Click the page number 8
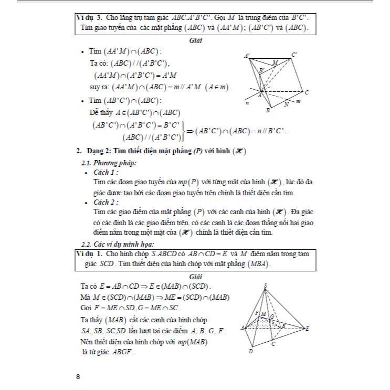[78, 376]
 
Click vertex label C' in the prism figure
[295, 55]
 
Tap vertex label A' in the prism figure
[247, 56]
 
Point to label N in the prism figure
[286, 104]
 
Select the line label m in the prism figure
[298, 101]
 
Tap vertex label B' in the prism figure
[261, 70]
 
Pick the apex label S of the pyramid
[266, 285]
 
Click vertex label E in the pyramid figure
[307, 329]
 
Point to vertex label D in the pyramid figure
[250, 352]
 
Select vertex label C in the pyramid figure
[273, 344]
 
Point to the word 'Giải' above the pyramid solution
[195, 276]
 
